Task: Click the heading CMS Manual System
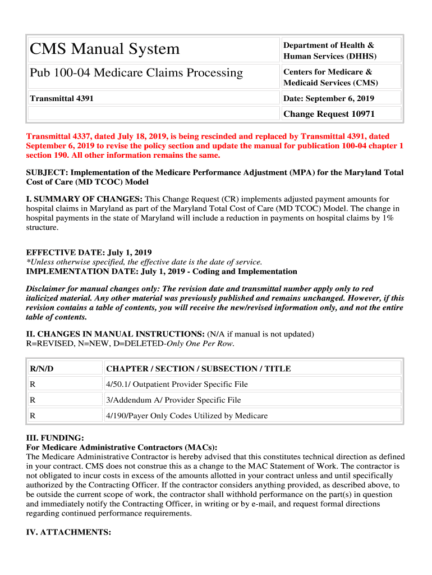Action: pos(105,49)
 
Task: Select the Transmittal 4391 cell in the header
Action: pos(62,98)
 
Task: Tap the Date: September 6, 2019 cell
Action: pos(329,98)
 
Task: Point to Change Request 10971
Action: pos(329,114)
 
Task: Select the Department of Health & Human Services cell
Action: pos(329,51)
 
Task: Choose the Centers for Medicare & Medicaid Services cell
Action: pos(330,77)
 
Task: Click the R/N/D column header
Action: pos(42,369)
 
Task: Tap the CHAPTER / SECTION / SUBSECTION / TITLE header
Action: pos(199,369)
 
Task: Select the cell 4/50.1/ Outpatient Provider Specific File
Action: pos(177,385)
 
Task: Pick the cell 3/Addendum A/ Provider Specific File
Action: pos(173,400)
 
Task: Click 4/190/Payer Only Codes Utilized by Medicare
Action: pos(187,416)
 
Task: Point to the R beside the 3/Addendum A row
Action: pos(33,400)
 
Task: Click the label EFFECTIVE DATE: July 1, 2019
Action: pos(89,253)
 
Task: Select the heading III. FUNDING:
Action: pos(56,438)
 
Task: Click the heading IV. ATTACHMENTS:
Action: pos(68,532)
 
